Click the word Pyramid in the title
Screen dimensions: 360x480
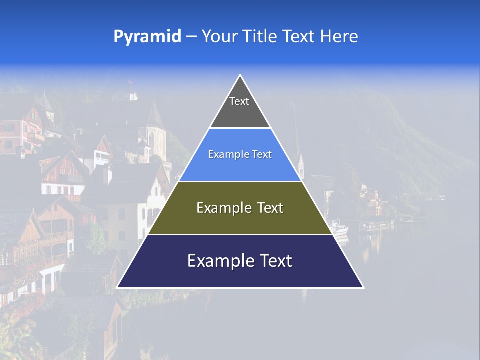pyautogui.click(x=147, y=36)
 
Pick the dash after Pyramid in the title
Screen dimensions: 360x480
pyautogui.click(x=191, y=37)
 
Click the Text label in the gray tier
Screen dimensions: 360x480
pyautogui.click(x=239, y=101)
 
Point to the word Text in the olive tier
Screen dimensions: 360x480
pyautogui.click(x=270, y=208)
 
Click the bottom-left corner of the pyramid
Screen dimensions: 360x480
pyautogui.click(x=117, y=287)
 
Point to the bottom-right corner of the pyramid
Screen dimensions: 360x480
pyautogui.click(x=363, y=287)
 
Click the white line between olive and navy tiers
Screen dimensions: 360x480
pyautogui.click(x=240, y=234)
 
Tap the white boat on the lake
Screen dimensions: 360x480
pyautogui.click(x=339, y=229)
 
